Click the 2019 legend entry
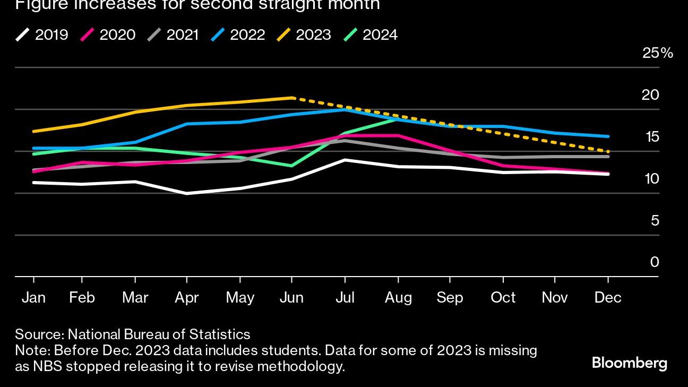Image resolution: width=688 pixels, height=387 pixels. [x=42, y=35]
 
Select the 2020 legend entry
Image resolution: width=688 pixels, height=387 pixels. [x=108, y=35]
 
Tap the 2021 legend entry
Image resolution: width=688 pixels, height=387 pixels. [x=174, y=35]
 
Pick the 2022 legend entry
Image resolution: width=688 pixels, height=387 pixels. [x=239, y=35]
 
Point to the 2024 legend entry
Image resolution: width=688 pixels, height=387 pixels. [x=371, y=35]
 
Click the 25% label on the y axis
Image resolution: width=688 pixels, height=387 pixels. [x=657, y=53]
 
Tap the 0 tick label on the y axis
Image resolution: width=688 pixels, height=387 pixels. [x=655, y=262]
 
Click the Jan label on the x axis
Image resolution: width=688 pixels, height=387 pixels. [x=33, y=298]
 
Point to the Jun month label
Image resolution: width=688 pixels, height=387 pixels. [x=291, y=298]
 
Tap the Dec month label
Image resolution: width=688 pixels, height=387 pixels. [x=608, y=298]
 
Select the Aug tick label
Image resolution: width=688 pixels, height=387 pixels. [x=398, y=298]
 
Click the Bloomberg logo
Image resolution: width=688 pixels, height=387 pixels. [x=629, y=364]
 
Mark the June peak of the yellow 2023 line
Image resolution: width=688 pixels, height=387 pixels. [x=292, y=98]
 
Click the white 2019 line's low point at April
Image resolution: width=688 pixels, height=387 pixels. [x=187, y=194]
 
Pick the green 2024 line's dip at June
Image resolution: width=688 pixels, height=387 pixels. [x=291, y=166]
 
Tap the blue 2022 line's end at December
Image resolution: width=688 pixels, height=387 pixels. [x=608, y=136]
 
